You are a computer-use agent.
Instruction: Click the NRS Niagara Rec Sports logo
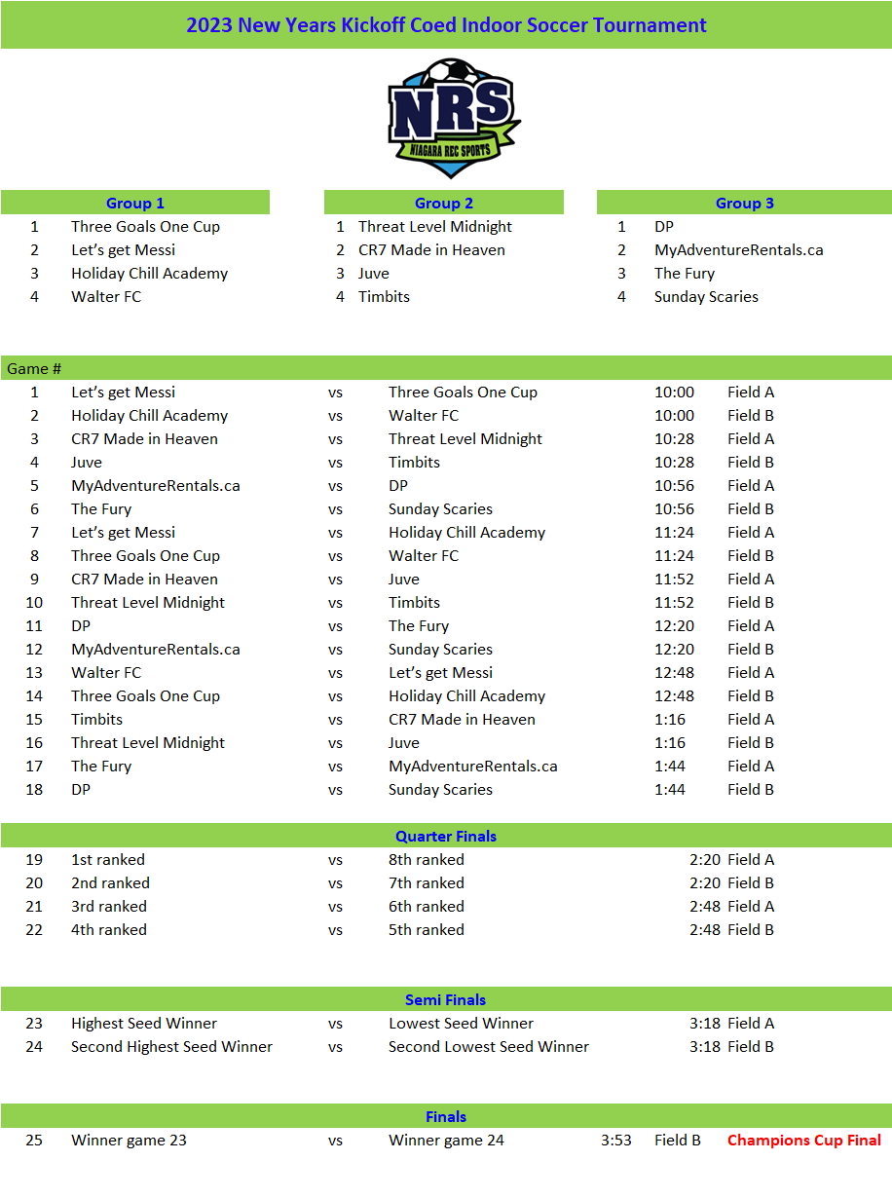453,118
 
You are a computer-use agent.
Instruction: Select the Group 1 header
135,203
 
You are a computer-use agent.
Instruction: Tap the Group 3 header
745,203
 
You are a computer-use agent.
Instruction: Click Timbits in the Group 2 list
384,296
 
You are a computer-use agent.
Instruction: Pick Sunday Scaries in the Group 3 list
706,296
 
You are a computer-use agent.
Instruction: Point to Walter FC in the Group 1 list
106,296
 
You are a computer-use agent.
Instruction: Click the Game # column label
34,368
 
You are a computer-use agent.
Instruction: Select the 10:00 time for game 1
674,392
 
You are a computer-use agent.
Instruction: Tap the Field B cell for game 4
751,462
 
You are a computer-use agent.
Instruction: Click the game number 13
34,672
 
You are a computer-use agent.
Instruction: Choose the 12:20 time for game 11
674,625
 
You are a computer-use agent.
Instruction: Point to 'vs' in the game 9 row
335,579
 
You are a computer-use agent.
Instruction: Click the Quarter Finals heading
446,836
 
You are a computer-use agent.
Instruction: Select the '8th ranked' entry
427,859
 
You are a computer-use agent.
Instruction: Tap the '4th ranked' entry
109,929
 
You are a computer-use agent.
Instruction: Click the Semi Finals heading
446,999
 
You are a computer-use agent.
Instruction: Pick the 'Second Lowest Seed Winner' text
489,1046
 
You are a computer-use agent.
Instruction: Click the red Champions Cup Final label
804,1140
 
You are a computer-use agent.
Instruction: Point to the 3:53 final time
616,1140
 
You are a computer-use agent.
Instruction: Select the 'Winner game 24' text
446,1140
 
